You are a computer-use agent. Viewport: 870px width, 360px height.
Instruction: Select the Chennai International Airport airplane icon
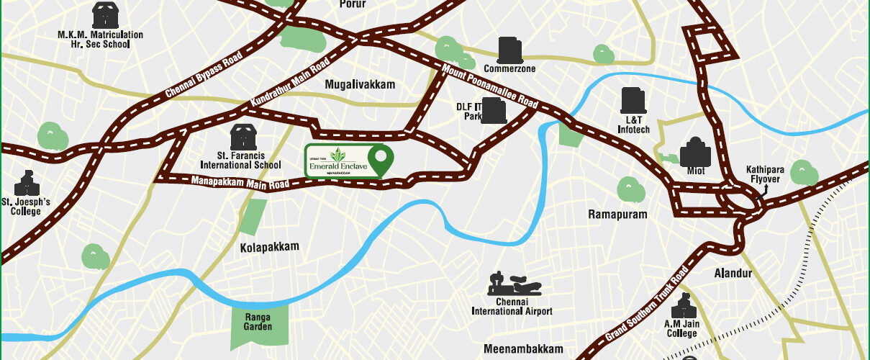coord(512,283)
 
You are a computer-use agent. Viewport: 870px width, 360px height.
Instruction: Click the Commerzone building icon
coord(509,50)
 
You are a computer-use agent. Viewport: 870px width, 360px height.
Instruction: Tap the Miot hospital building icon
coord(696,151)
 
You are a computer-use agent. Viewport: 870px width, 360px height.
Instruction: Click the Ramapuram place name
coord(617,215)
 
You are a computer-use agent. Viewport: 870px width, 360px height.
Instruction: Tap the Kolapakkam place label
coord(269,247)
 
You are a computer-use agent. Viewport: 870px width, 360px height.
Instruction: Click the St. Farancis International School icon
coord(241,135)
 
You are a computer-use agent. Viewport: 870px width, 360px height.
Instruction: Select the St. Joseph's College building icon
coord(25,184)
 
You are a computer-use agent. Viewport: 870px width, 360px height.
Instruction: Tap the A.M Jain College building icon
coord(681,309)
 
